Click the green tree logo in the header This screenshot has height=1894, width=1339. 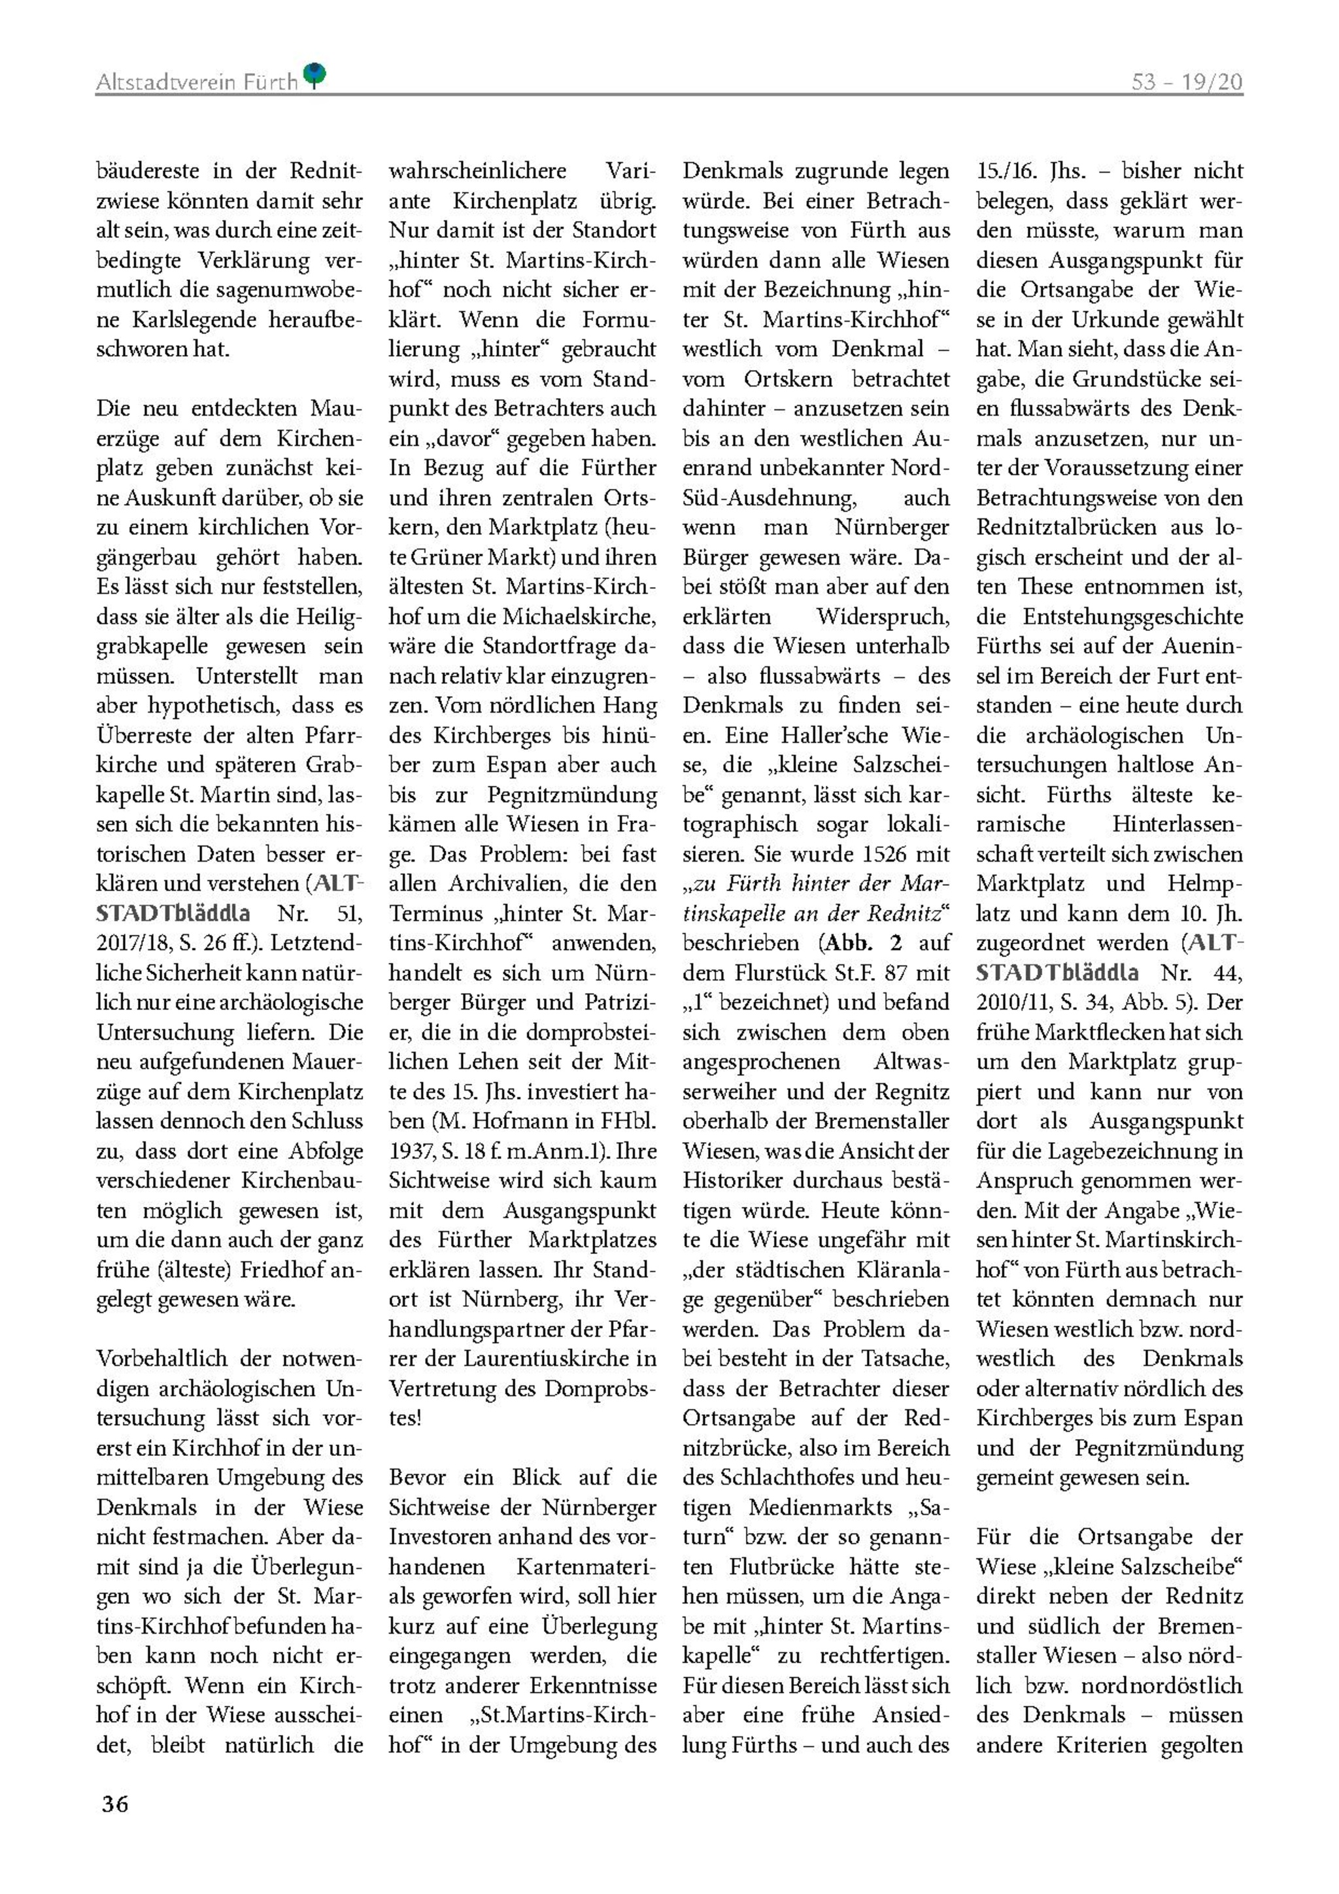pos(314,75)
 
